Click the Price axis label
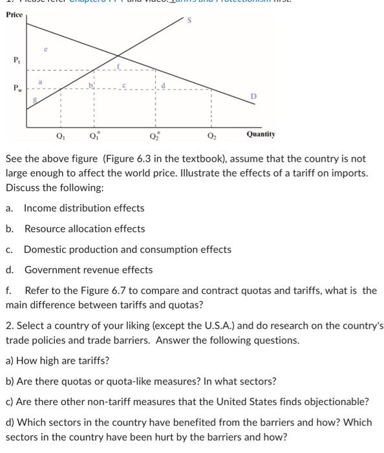(14, 14)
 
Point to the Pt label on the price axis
(16, 60)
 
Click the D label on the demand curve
(253, 96)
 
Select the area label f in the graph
(118, 66)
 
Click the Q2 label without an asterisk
(211, 136)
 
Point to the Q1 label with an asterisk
(93, 136)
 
